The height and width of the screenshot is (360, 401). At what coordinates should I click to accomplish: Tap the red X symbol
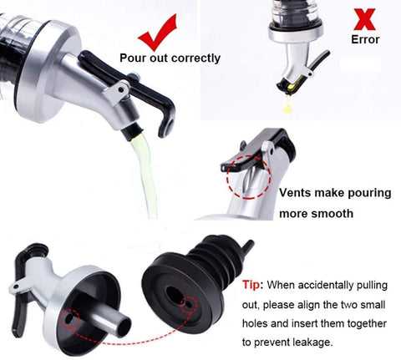pos(364,19)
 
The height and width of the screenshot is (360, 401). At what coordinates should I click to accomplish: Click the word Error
pos(365,39)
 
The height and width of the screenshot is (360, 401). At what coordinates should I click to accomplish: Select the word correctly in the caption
pos(195,58)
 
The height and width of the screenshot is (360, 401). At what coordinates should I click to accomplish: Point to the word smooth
pos(332,214)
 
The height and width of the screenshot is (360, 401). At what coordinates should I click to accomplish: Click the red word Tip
pos(252,285)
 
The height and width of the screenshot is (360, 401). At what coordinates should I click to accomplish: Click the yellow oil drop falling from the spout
pos(288,108)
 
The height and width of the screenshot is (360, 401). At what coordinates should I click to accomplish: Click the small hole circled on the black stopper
pos(189,304)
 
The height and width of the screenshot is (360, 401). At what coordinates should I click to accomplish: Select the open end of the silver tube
pos(124,327)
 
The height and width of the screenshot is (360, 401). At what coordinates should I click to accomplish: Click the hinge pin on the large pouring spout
pos(120,89)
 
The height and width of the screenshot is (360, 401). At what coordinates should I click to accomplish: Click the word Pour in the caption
pos(133,58)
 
